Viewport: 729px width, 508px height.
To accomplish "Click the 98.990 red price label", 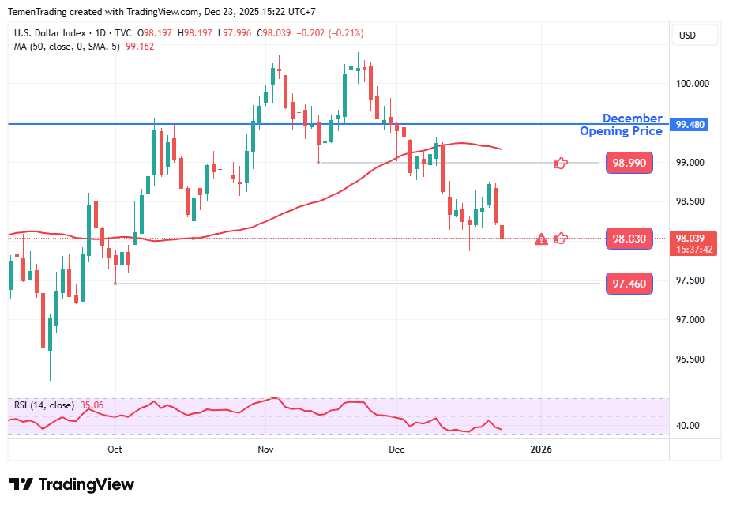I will click(629, 163).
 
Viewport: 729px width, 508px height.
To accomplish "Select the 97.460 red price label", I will click(629, 284).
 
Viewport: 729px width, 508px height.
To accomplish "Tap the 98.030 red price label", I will click(629, 239).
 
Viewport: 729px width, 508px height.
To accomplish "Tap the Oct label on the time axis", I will click(115, 450).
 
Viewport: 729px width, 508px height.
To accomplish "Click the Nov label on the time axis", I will click(265, 450).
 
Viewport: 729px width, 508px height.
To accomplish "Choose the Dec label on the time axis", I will click(396, 450).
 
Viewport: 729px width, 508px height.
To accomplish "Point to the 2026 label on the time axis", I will click(541, 450).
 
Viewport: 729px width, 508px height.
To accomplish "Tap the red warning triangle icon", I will click(541, 239).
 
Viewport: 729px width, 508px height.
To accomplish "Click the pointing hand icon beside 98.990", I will click(561, 163).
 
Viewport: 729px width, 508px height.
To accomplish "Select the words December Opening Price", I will click(622, 125).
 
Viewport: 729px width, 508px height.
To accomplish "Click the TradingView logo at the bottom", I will click(72, 484).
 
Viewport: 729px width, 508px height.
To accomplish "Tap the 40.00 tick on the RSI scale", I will click(688, 425).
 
